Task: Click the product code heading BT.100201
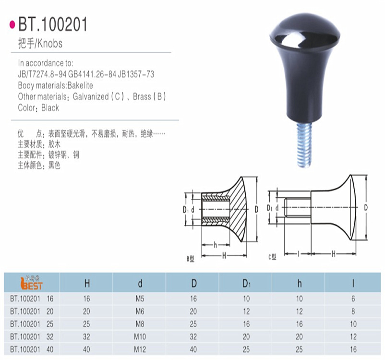click(53, 24)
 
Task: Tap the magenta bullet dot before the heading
click(12, 24)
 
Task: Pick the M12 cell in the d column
click(140, 349)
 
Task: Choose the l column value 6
click(353, 298)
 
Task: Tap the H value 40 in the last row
click(86, 349)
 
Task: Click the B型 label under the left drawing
click(190, 258)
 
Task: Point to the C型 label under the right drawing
click(272, 257)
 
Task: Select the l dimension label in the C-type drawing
click(298, 252)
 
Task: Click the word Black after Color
click(50, 108)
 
